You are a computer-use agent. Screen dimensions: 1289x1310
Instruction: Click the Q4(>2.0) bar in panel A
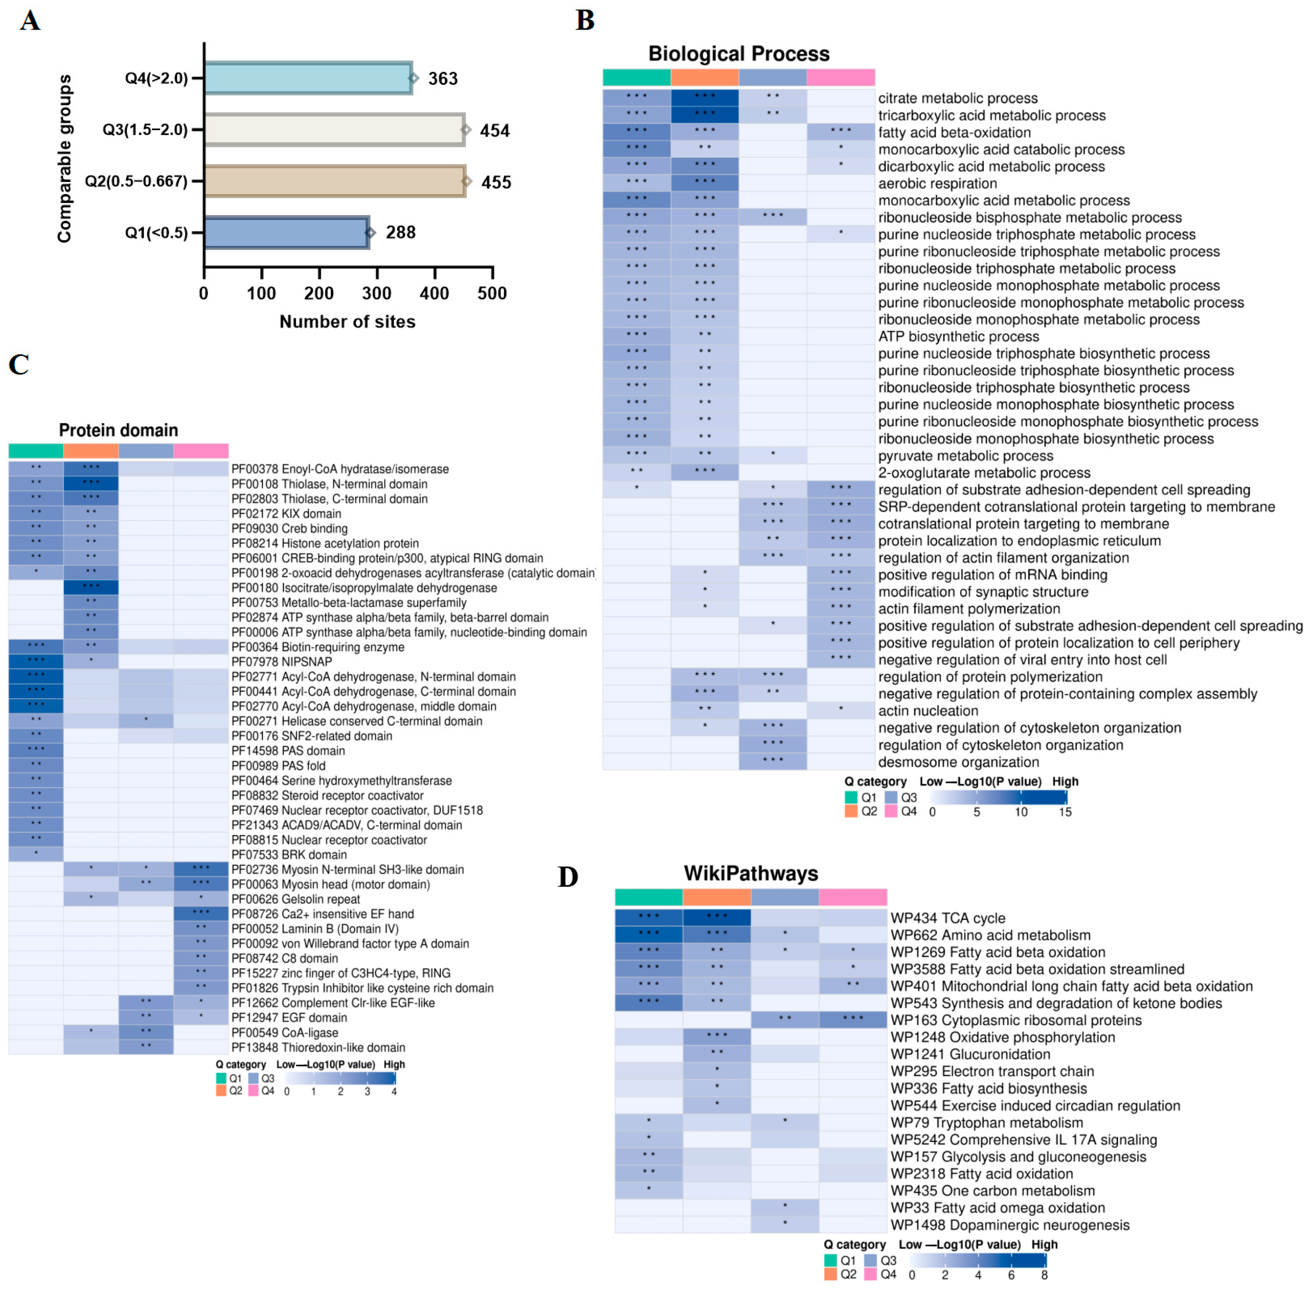(308, 78)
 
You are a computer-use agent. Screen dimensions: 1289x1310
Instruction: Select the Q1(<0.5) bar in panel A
(286, 232)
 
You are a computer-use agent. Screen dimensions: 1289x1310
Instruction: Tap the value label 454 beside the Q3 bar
(494, 131)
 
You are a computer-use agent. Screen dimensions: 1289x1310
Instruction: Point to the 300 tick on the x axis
(377, 293)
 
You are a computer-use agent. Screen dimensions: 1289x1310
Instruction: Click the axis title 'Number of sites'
(347, 322)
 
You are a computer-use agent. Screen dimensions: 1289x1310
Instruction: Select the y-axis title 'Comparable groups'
(64, 159)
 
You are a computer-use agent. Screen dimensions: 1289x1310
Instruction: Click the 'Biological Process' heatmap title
(739, 54)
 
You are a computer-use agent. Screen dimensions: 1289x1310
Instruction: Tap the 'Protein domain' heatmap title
(119, 430)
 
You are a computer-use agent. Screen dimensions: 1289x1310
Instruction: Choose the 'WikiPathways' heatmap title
(751, 873)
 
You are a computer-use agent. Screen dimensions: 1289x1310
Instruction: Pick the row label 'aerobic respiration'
(938, 183)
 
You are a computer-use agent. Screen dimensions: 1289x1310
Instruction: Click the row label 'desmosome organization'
(959, 762)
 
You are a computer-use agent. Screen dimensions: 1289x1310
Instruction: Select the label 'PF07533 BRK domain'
(289, 854)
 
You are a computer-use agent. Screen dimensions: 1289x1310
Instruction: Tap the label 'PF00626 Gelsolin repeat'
(296, 899)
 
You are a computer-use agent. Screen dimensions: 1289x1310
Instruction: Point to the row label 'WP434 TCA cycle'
(948, 918)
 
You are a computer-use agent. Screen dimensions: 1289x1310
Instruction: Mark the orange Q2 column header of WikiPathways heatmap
(717, 897)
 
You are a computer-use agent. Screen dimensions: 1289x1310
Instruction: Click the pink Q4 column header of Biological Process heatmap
(841, 77)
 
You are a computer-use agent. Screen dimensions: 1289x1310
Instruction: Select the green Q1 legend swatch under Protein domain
(221, 1078)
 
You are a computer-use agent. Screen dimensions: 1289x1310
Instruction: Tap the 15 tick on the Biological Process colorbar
(1065, 812)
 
